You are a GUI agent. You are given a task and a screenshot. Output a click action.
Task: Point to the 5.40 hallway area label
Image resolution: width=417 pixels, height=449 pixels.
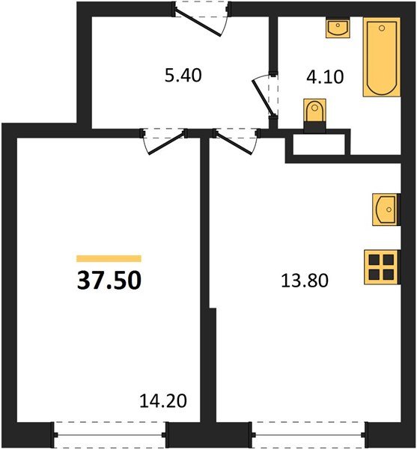click(x=183, y=75)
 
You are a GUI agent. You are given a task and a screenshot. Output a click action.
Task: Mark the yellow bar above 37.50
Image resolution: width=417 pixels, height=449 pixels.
click(x=109, y=258)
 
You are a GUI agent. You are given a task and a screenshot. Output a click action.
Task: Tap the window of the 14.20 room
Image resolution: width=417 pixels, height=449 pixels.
click(x=110, y=433)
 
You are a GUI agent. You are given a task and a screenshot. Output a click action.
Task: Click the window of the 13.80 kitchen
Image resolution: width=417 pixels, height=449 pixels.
click(x=308, y=433)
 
